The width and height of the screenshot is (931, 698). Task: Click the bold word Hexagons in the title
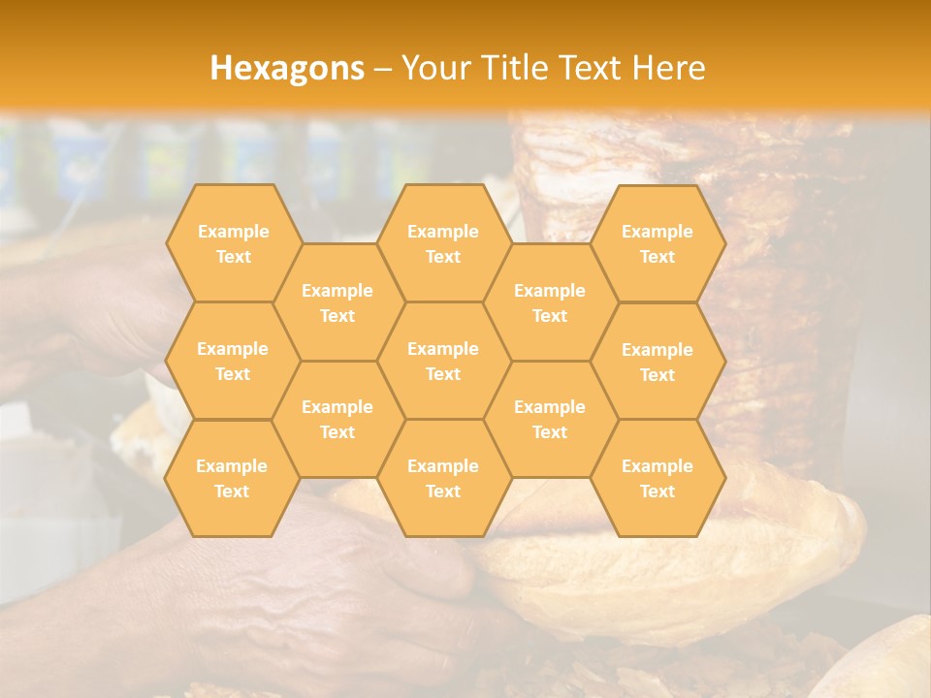(x=287, y=68)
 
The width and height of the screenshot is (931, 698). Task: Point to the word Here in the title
(x=668, y=68)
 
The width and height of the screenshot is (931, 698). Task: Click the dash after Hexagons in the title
(x=382, y=69)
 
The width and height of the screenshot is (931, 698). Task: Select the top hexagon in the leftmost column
(x=233, y=243)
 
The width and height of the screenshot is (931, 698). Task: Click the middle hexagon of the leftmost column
(x=233, y=361)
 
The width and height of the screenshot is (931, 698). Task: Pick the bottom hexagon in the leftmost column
(x=232, y=478)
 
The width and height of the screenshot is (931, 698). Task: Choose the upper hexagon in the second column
(x=337, y=302)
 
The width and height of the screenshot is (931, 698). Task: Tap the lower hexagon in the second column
(x=337, y=419)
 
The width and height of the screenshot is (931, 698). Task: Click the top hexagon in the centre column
(x=443, y=243)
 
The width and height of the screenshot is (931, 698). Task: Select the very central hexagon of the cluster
(x=443, y=361)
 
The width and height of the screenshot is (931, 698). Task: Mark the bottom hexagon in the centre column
(x=443, y=478)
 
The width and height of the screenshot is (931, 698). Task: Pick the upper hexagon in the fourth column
(x=550, y=302)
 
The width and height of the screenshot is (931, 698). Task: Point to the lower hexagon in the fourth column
(x=550, y=419)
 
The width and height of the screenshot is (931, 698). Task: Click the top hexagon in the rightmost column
(x=658, y=243)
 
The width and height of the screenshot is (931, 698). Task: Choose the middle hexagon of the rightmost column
(x=658, y=362)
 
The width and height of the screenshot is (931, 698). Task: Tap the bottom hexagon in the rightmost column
(x=658, y=478)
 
